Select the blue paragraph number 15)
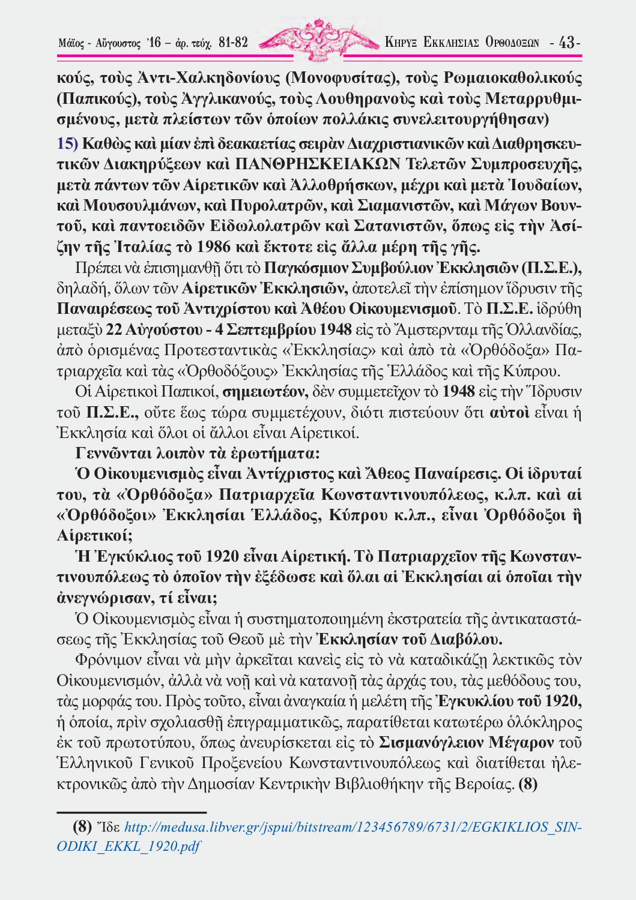click(67, 143)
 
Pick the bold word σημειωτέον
click(265, 392)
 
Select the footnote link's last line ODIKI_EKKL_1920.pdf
click(128, 847)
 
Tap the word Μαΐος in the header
click(71, 43)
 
